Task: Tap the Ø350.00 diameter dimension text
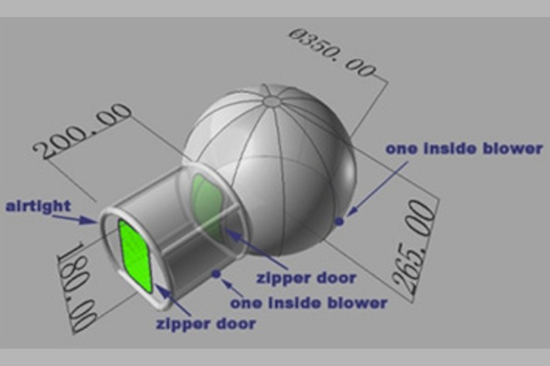click(331, 53)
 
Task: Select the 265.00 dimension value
click(416, 247)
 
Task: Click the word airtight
click(38, 207)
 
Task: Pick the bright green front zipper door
click(135, 255)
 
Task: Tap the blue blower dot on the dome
click(340, 221)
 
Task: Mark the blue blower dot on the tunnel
click(215, 274)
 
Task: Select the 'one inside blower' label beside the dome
click(464, 148)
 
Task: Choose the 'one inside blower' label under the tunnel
click(308, 303)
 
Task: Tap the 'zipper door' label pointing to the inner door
click(307, 278)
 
